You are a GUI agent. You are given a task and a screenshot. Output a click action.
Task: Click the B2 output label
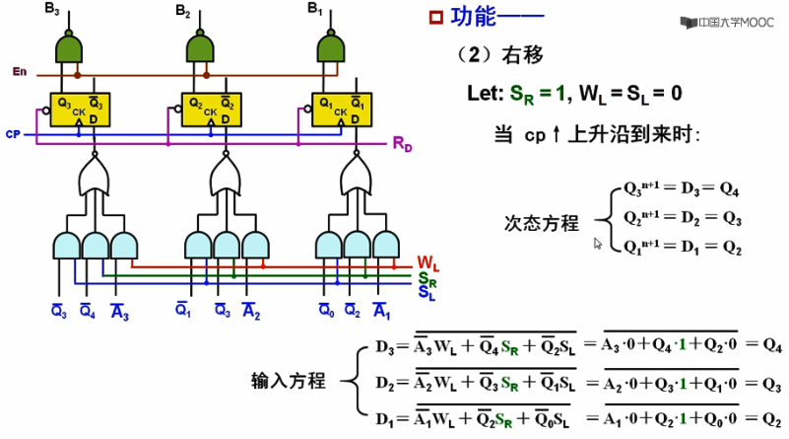[x=182, y=10]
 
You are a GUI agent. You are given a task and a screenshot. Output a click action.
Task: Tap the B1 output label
[x=313, y=9]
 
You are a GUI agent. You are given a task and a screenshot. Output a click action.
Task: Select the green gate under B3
[x=70, y=46]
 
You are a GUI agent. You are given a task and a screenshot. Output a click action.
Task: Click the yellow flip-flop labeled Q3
[x=82, y=110]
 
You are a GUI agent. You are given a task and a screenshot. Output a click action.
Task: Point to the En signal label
[x=19, y=72]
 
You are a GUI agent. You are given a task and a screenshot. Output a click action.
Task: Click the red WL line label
[x=427, y=263]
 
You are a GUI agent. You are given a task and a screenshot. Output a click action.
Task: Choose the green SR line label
[x=427, y=278]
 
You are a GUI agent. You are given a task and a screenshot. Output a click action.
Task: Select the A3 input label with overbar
[x=119, y=313]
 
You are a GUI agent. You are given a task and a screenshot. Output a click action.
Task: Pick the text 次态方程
[x=541, y=223]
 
